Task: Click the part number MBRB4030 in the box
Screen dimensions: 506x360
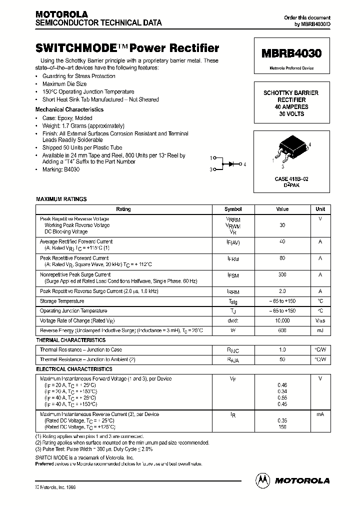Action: tap(292, 53)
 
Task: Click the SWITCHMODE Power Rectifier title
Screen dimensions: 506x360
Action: tap(127, 48)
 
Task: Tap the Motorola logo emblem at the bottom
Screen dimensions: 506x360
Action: tap(262, 480)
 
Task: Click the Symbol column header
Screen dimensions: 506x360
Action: tap(233, 209)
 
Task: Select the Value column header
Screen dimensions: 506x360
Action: tap(282, 209)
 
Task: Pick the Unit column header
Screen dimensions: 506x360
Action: tap(320, 209)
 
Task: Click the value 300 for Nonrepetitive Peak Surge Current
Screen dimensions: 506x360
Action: tap(282, 274)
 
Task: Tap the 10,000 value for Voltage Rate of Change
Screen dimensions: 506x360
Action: tap(282, 320)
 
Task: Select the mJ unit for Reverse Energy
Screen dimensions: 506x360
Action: tap(320, 330)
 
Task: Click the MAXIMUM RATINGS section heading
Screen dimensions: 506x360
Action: tap(61, 199)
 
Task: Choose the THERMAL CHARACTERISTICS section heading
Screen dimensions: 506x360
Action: tap(70, 340)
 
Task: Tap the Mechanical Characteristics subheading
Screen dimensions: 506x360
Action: tap(69, 109)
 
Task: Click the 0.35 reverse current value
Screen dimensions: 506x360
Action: tap(282, 421)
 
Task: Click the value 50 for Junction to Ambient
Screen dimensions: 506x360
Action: tap(282, 359)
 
